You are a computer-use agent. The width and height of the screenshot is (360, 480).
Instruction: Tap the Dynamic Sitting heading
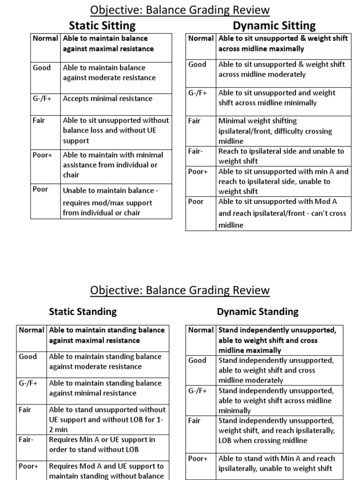(x=274, y=25)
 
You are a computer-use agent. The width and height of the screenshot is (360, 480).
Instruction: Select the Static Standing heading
(x=82, y=311)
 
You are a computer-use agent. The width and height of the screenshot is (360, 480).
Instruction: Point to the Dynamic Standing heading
(x=257, y=311)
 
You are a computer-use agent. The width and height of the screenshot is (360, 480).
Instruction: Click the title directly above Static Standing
(x=180, y=290)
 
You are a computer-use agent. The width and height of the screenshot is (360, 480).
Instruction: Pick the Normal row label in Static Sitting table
(x=45, y=38)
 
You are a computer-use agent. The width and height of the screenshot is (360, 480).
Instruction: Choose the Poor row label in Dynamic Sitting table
(x=196, y=202)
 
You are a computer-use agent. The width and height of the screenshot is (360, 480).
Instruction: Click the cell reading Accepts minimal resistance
(x=107, y=98)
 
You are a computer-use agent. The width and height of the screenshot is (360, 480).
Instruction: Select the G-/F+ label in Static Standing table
(x=28, y=383)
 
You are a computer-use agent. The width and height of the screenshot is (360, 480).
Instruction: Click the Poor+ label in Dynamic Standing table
(x=198, y=459)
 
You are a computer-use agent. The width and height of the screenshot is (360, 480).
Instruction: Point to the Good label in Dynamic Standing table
(x=197, y=360)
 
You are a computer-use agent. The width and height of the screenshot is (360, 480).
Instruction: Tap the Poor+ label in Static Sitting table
(x=42, y=155)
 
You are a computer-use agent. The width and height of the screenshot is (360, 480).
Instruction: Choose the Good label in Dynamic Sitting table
(x=197, y=65)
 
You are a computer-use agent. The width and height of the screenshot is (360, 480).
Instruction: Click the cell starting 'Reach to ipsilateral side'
(x=281, y=156)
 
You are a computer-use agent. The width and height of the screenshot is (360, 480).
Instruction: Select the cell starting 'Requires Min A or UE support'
(x=102, y=444)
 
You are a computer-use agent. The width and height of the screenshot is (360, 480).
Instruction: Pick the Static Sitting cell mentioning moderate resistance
(x=109, y=73)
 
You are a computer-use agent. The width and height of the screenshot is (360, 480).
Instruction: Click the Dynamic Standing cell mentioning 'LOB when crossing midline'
(x=277, y=430)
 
